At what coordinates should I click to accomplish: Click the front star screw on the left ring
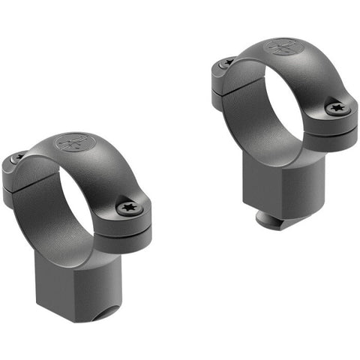(127, 208)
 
